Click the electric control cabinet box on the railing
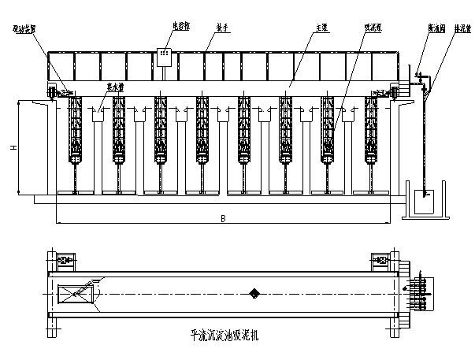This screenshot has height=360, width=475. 165,55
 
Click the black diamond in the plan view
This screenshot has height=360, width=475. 254,294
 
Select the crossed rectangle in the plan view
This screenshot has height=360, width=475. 77,294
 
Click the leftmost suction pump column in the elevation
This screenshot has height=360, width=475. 76,130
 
